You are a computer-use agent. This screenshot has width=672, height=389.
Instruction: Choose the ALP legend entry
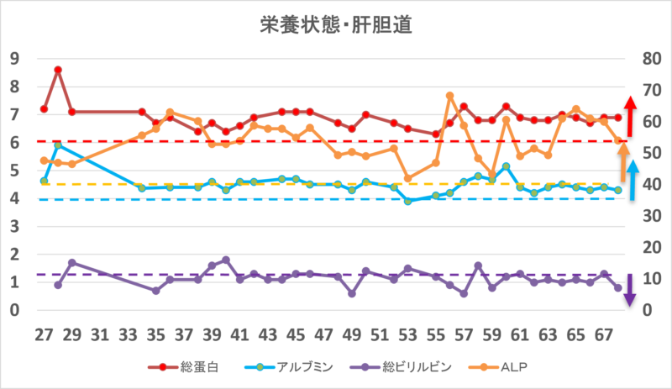(509, 365)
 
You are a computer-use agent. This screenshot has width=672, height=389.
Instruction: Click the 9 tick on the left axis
(14, 59)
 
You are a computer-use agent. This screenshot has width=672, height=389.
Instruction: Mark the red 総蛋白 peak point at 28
(58, 70)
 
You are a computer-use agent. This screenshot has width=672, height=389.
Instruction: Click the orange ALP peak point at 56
(449, 96)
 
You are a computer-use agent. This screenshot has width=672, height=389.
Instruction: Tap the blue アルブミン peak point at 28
(58, 145)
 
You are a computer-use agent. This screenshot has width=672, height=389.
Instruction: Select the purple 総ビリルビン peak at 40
(226, 260)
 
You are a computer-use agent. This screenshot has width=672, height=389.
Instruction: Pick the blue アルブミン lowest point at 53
(407, 201)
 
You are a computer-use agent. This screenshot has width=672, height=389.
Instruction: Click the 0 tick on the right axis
(646, 310)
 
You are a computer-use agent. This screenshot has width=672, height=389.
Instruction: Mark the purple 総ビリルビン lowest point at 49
(351, 293)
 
